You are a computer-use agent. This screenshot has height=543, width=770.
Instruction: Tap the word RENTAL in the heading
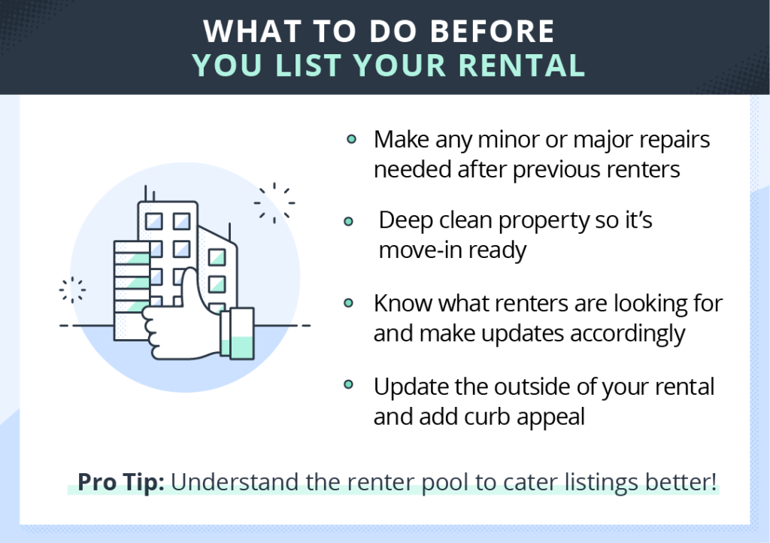tap(522, 65)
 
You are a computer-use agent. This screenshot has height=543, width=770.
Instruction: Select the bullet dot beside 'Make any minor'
tap(351, 139)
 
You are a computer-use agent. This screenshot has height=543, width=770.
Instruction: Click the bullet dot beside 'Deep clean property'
tap(348, 221)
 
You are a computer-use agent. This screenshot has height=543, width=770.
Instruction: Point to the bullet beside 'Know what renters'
tap(348, 303)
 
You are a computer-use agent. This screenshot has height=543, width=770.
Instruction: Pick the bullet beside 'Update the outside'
tap(348, 384)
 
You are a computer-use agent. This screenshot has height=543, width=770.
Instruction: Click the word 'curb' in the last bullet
tap(487, 417)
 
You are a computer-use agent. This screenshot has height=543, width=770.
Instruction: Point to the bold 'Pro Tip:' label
tap(121, 482)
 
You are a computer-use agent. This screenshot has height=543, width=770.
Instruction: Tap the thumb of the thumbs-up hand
tap(190, 290)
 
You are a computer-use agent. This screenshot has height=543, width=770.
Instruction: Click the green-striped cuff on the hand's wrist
tap(237, 333)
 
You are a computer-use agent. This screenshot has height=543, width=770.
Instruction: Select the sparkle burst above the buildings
tap(274, 203)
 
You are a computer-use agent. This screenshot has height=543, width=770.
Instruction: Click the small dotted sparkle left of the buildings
tap(72, 290)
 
